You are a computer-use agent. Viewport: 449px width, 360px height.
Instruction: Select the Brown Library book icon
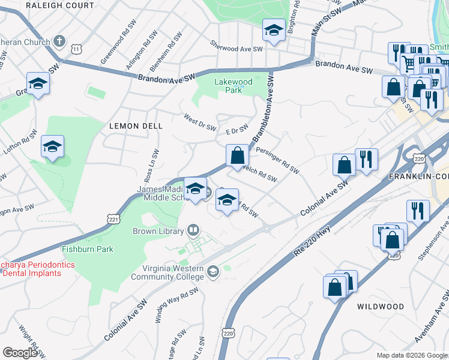[x=193, y=229]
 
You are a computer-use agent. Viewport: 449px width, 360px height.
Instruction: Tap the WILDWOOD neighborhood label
[x=381, y=306]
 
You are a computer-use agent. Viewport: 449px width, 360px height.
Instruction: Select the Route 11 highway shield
[x=76, y=48]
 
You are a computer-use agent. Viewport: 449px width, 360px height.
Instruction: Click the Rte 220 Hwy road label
[x=313, y=241]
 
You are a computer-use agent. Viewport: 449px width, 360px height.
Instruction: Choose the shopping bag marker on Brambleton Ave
[x=238, y=155]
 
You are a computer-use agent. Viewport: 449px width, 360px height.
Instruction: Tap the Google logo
[x=20, y=353]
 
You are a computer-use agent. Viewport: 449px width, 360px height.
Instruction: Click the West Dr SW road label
[x=200, y=122]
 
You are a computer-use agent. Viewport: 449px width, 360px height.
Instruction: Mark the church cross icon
[x=59, y=41]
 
